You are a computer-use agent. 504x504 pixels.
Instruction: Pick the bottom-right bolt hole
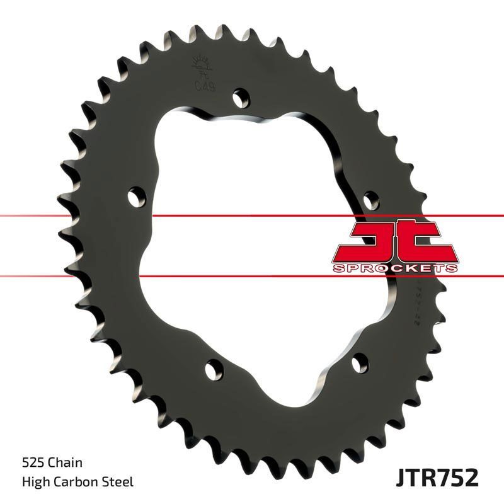(359, 362)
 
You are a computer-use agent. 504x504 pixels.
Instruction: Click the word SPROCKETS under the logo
(394, 268)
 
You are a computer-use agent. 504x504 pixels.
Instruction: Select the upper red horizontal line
(76, 216)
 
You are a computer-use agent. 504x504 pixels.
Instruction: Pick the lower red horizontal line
(76, 275)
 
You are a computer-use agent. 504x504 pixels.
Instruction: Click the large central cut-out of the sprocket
(252, 239)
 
